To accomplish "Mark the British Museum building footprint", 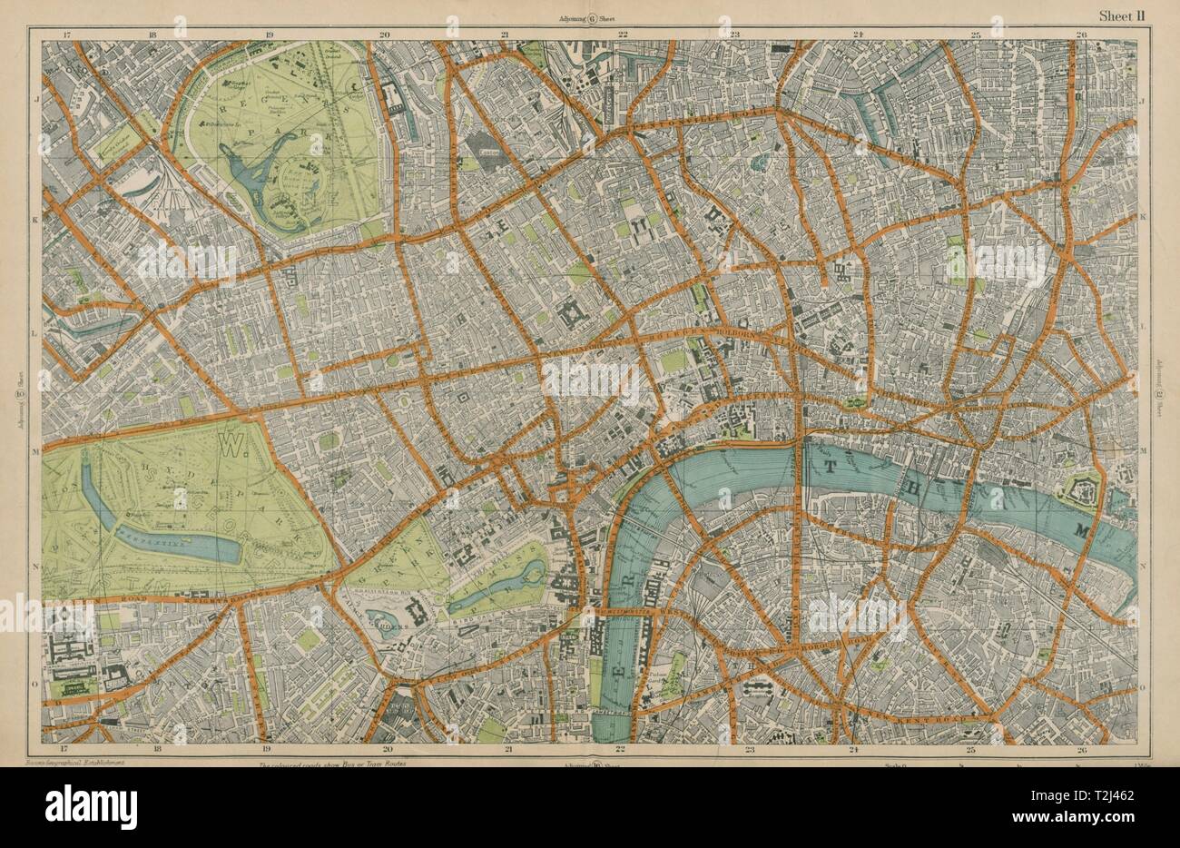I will pyautogui.click(x=573, y=315).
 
